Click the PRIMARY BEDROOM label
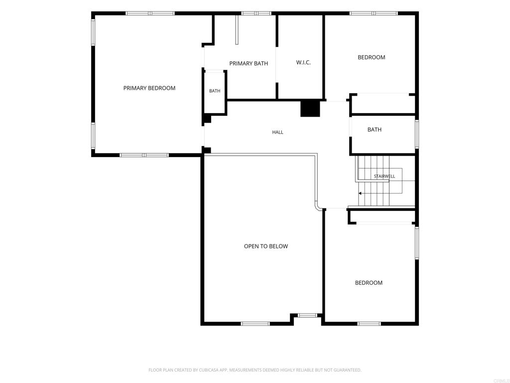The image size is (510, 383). pos(149,88)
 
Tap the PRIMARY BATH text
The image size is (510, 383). pos(249,63)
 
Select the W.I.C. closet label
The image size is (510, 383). pos(303,62)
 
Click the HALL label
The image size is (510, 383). pos(277,132)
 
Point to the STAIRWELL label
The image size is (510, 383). pos(384,176)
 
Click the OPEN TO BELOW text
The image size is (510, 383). pos(266,246)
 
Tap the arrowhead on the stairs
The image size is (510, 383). pos(360,193)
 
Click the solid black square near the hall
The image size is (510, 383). pos(310,109)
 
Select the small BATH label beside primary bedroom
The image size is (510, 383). pos(215,91)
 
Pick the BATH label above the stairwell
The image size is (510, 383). pos(375,130)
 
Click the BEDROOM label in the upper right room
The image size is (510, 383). pos(372,57)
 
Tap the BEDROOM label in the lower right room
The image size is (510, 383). pos(369,283)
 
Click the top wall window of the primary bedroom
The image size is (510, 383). pos(150,13)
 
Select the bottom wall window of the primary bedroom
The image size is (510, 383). pos(144,155)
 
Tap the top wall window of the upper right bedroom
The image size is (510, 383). pos(374,13)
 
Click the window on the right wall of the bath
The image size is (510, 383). pos(417,134)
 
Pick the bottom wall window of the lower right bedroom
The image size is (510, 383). pos(369,323)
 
